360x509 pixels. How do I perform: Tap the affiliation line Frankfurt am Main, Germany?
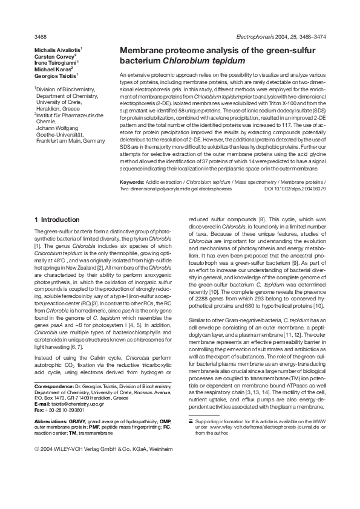pos(70,141)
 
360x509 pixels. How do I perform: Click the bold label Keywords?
pos(132,182)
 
